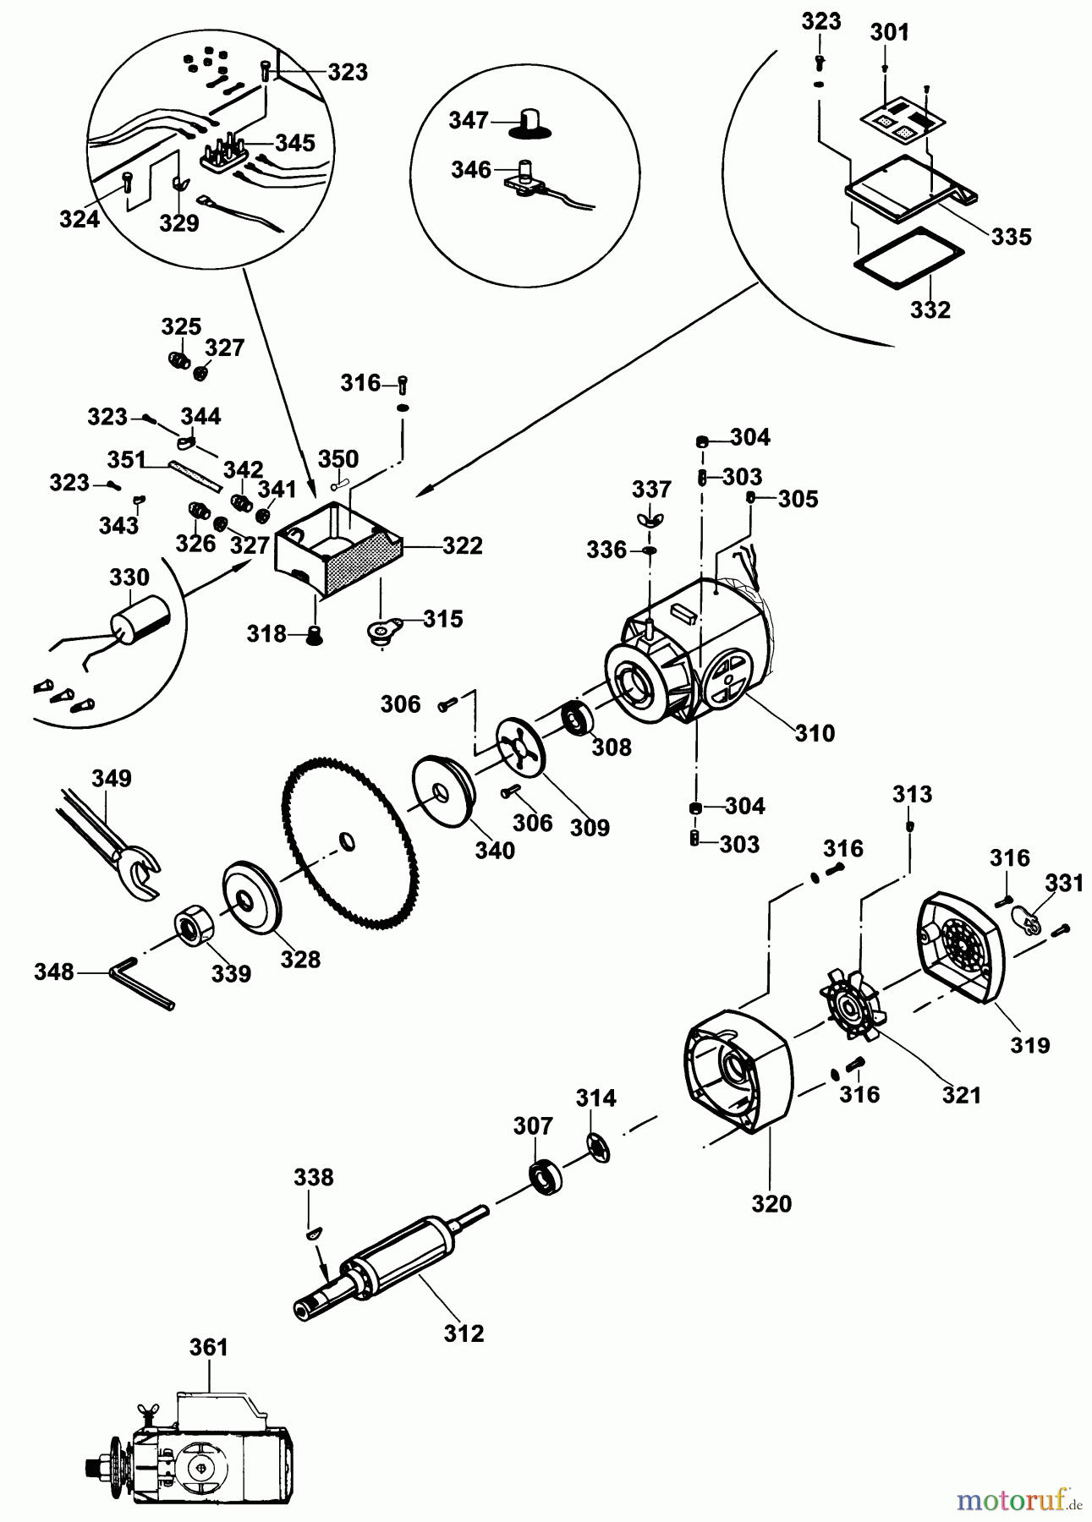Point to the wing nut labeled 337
(650, 518)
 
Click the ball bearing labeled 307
(541, 1175)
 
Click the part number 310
(815, 732)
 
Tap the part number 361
(208, 1346)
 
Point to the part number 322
(462, 546)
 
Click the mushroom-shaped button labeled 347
(530, 123)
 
